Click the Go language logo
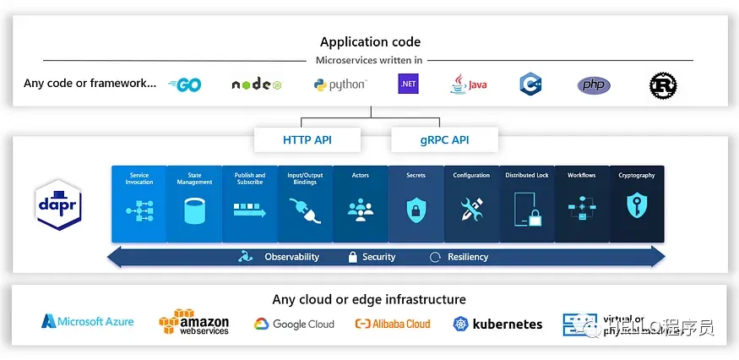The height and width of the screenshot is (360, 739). [x=185, y=85]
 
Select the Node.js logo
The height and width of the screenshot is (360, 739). [x=256, y=85]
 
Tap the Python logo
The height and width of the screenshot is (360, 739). [x=340, y=85]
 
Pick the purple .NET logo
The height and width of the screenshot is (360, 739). [x=409, y=85]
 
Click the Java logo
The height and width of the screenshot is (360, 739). [x=469, y=84]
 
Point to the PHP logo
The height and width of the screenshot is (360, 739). [x=594, y=85]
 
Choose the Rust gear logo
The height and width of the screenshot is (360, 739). [x=663, y=85]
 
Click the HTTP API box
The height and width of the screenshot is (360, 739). [x=308, y=139]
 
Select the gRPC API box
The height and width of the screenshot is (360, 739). [x=444, y=139]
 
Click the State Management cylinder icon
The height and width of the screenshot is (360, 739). [x=194, y=210]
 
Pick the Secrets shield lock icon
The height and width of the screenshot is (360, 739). [x=416, y=210]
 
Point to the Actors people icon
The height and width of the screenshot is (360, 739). [x=361, y=209]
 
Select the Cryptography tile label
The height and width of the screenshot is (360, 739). [x=636, y=176]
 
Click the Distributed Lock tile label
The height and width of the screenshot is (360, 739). [x=527, y=176]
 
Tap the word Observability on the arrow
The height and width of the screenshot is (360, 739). [x=291, y=257]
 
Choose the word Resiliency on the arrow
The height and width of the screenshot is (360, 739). [x=468, y=257]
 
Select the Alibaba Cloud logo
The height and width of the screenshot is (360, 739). [x=393, y=324]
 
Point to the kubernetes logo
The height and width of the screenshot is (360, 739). [x=498, y=324]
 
